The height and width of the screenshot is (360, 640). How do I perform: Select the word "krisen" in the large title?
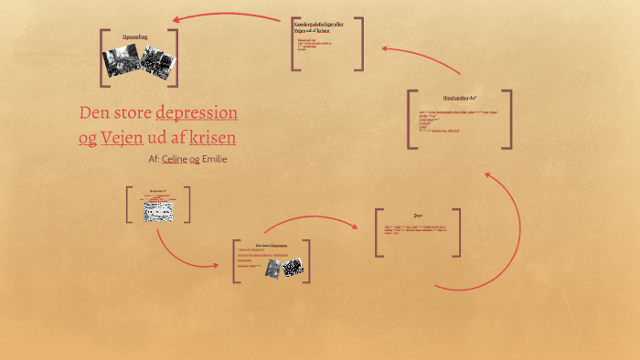click(212, 138)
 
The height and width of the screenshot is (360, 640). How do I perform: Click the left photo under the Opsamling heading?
click(120, 62)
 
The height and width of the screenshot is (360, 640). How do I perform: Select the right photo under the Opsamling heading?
click(157, 63)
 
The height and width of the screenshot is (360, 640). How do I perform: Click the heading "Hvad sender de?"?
click(459, 97)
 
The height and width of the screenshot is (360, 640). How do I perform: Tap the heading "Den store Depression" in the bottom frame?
click(272, 246)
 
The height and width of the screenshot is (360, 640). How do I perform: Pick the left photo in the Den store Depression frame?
click(272, 269)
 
